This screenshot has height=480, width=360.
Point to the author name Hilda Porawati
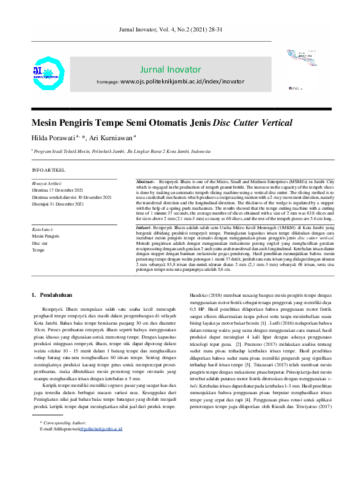coord(54,137)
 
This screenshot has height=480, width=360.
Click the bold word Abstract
coord(145,182)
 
